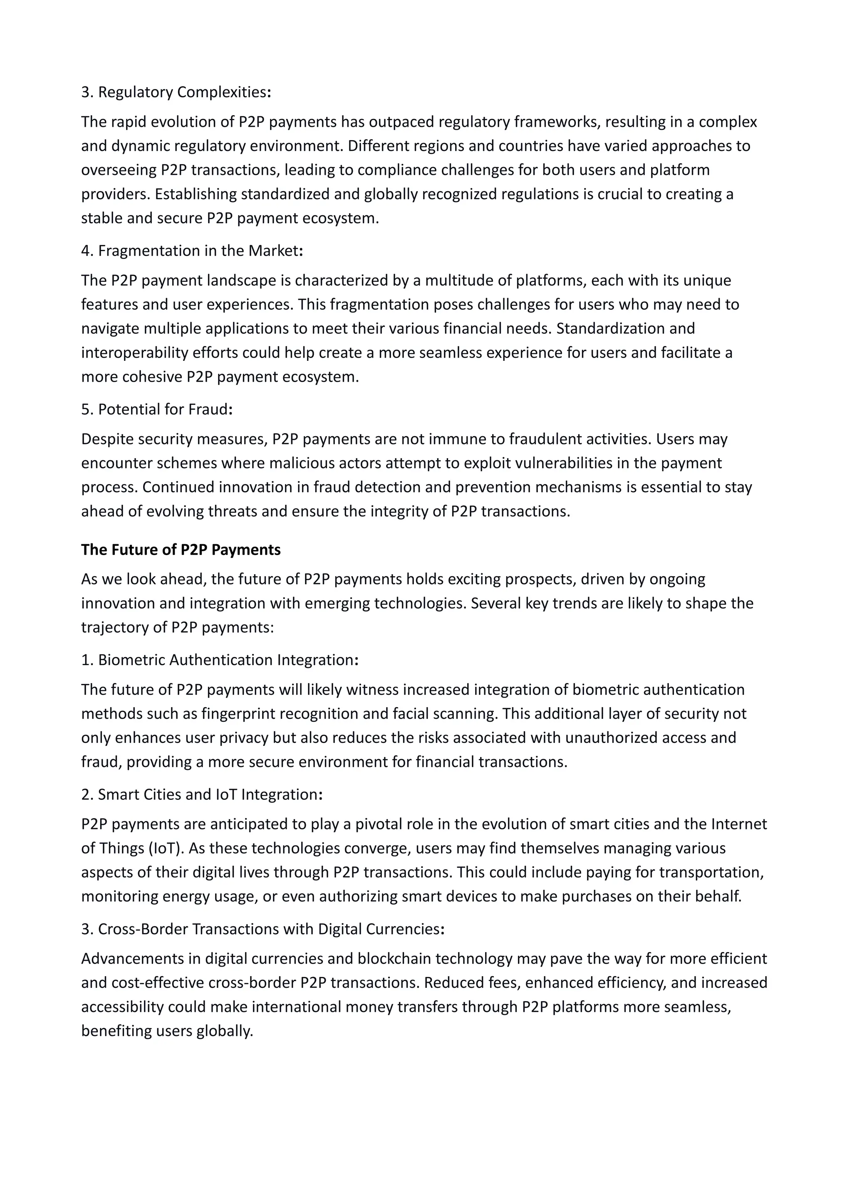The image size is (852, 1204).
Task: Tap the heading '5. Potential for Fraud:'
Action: click(x=157, y=409)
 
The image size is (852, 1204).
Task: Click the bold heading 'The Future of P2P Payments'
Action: click(x=181, y=550)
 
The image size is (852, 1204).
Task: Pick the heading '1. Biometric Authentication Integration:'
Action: click(x=219, y=660)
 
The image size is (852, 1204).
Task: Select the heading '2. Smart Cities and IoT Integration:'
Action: click(x=201, y=794)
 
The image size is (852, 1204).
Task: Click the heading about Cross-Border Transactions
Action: click(x=263, y=929)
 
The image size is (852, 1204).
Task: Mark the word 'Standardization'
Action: click(x=625, y=328)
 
